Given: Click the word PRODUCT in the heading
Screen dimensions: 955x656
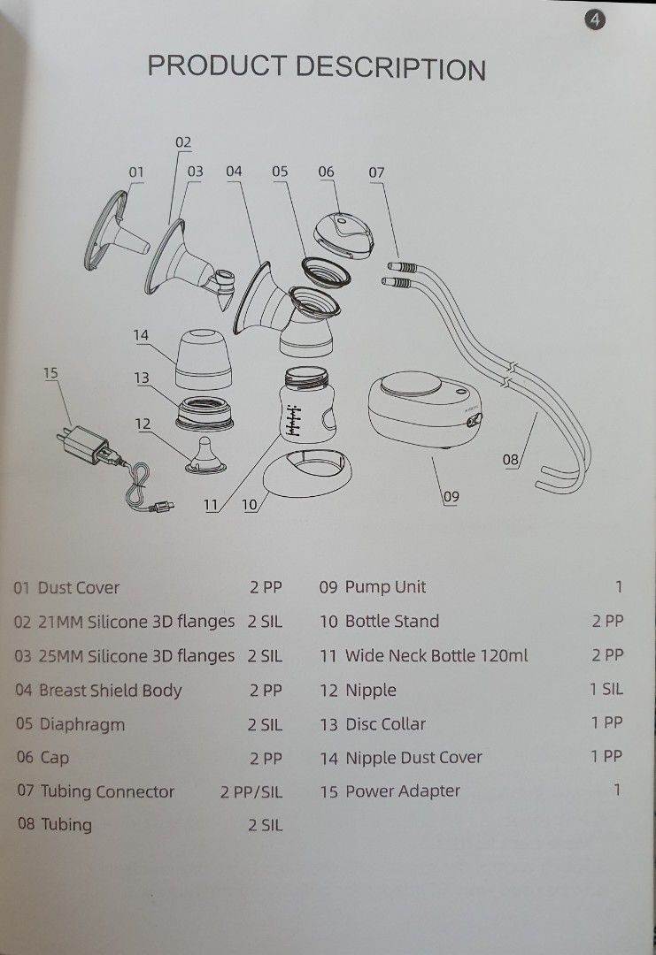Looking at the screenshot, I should (x=217, y=66).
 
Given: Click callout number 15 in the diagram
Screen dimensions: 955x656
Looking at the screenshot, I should (x=50, y=372).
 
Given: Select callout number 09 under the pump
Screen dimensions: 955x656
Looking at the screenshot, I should (x=451, y=496).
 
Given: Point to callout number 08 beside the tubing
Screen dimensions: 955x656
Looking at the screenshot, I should (x=511, y=459).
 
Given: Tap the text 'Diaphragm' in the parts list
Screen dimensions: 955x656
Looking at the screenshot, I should (x=81, y=724).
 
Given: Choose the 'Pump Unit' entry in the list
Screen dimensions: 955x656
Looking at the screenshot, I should (x=385, y=587).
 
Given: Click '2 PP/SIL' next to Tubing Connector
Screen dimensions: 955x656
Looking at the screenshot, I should (x=251, y=791).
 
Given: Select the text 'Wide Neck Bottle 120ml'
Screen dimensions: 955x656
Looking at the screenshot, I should (x=436, y=655).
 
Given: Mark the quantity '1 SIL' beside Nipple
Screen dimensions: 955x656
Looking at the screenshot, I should (x=606, y=689).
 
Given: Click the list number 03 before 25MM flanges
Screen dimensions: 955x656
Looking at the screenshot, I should (x=22, y=656).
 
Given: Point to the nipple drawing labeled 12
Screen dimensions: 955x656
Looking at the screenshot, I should (x=203, y=455).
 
